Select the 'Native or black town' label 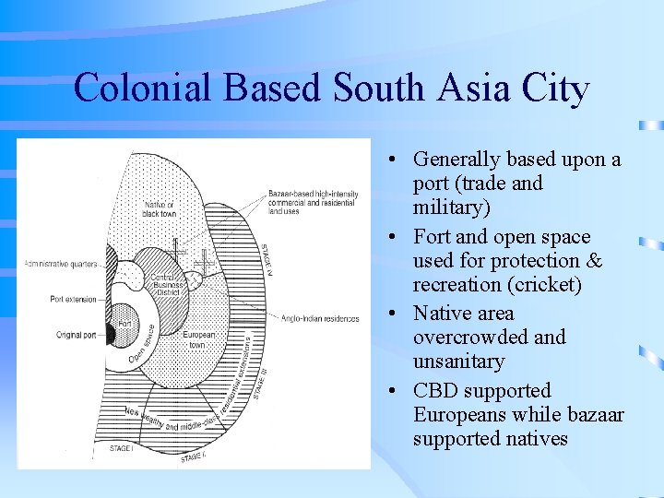[159, 209]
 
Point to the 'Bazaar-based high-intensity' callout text [313, 195]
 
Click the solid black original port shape [108, 332]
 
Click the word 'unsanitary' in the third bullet [458, 362]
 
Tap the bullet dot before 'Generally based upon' [394, 160]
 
